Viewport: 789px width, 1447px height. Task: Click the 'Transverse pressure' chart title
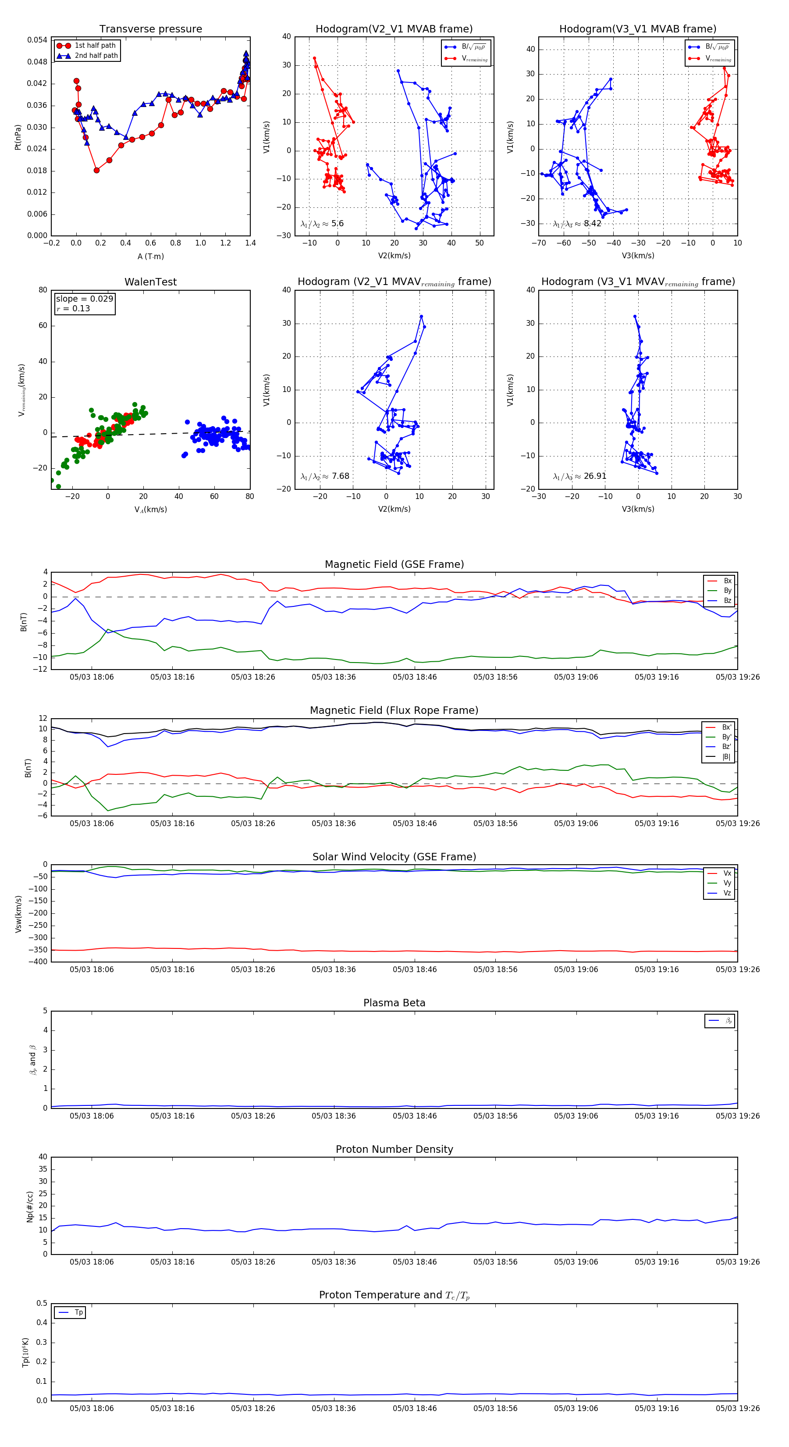pyautogui.click(x=150, y=29)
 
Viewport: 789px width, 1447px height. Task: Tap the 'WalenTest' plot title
pyautogui.click(x=150, y=282)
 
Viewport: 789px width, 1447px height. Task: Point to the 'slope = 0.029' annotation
pyautogui.click(x=84, y=299)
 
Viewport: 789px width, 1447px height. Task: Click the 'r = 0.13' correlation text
pyautogui.click(x=73, y=308)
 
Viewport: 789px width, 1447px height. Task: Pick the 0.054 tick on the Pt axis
pyautogui.click(x=37, y=40)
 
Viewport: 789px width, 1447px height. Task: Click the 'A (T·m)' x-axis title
pyautogui.click(x=150, y=256)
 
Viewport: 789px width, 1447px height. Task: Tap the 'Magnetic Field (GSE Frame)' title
pyautogui.click(x=394, y=564)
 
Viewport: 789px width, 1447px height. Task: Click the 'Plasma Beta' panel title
pyautogui.click(x=394, y=1003)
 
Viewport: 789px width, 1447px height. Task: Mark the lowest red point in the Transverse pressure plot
pyautogui.click(x=96, y=170)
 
